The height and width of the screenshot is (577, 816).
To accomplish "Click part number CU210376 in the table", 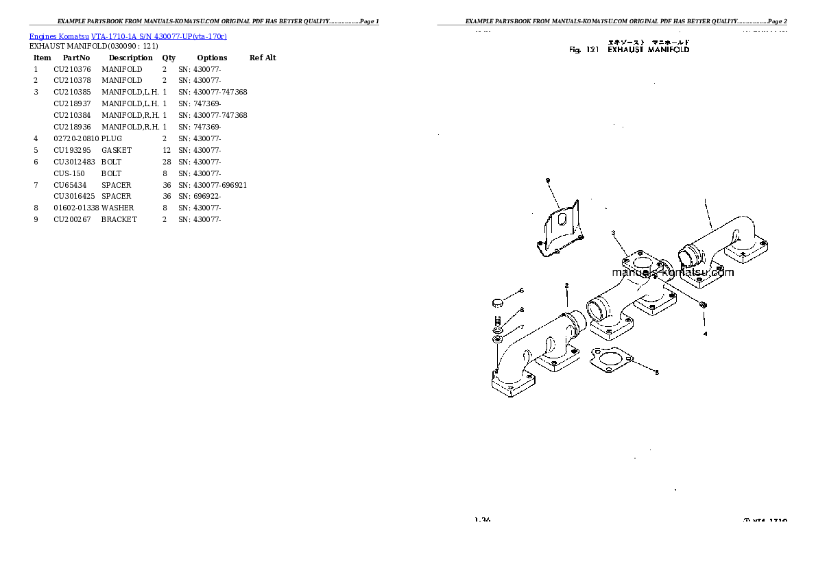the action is click(x=71, y=69).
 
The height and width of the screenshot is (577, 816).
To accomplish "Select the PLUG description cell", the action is click(x=112, y=138).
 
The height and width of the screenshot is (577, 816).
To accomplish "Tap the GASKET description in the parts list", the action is click(x=117, y=150).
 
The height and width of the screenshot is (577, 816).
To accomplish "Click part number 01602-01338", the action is click(x=76, y=208).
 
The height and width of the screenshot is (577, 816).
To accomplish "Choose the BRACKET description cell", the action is click(x=119, y=219).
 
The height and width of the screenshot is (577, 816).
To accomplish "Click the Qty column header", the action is click(x=169, y=58).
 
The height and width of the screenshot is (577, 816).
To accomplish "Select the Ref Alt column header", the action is click(x=263, y=58).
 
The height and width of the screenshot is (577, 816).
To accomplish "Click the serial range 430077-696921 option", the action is click(x=213, y=185).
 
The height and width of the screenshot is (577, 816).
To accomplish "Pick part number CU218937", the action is click(x=72, y=103).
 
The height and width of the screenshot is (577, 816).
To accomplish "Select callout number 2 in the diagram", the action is click(x=566, y=285).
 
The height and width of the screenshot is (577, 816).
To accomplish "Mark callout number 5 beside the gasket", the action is click(x=656, y=373).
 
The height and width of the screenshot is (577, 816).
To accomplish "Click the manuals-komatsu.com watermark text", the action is click(x=672, y=272).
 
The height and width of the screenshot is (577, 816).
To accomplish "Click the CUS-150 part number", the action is click(x=69, y=173).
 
